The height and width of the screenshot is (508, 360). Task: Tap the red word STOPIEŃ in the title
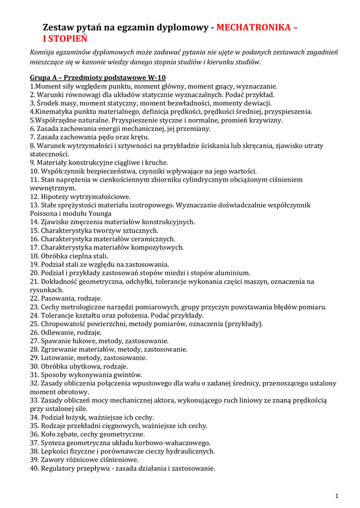[x=68, y=39]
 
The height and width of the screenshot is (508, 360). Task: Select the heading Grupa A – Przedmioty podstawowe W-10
[x=98, y=77]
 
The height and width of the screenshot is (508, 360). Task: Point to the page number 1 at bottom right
[x=337, y=496]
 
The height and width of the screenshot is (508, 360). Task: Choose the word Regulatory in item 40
[x=60, y=468]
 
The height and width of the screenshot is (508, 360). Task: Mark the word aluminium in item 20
[x=233, y=273]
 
